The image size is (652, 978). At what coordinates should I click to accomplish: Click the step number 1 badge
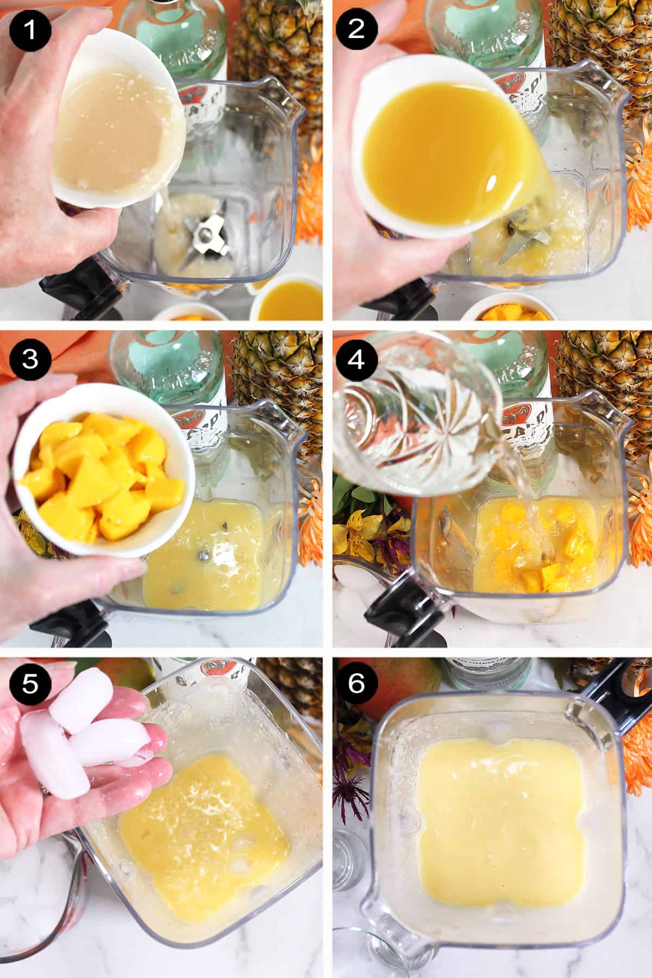30,29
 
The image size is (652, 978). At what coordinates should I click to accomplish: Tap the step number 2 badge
356,29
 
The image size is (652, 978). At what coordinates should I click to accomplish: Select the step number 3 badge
30,359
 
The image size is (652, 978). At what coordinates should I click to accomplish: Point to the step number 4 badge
356,359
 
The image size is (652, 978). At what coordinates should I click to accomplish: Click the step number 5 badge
30,684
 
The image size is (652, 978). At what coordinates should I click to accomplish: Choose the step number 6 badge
356,684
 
